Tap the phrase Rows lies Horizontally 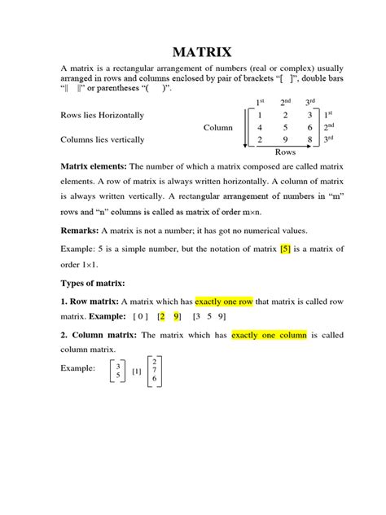click(102, 116)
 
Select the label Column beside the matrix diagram click(217, 128)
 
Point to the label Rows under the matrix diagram click(285, 152)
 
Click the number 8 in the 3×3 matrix click(310, 139)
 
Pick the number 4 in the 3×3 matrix click(259, 128)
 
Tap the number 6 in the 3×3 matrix click(310, 128)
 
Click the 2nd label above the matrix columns click(286, 102)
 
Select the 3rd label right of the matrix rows click(330, 139)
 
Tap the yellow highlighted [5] click(285, 249)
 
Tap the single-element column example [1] click(136, 372)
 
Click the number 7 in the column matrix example click(156, 369)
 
